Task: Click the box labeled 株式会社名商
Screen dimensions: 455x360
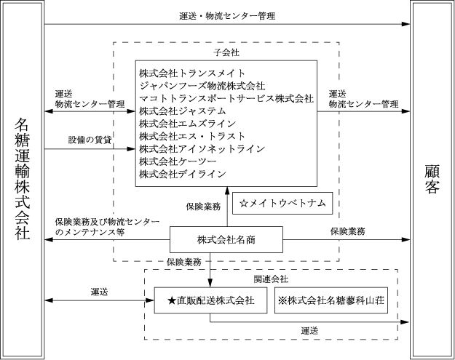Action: click(x=226, y=240)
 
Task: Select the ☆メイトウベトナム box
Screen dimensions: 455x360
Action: click(x=282, y=203)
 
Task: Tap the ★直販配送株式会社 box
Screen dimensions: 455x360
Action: click(x=210, y=300)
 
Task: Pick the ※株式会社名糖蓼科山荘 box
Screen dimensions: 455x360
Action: click(x=331, y=300)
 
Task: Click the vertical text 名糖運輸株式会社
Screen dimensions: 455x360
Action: click(x=23, y=179)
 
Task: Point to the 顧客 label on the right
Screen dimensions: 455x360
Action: click(x=432, y=179)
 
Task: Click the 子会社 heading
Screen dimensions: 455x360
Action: click(x=226, y=52)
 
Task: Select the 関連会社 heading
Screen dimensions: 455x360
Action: click(x=271, y=279)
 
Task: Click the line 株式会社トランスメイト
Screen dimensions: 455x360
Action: click(x=192, y=73)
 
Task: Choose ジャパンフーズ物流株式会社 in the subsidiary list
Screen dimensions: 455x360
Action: click(x=202, y=86)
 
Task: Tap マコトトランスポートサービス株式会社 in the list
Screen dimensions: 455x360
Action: click(x=226, y=99)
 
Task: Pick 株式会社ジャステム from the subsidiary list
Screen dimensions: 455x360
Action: click(x=183, y=111)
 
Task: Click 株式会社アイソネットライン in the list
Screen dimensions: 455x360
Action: click(x=202, y=148)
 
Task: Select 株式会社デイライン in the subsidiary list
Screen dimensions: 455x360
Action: click(x=183, y=174)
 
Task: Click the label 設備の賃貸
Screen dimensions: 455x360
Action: click(x=90, y=140)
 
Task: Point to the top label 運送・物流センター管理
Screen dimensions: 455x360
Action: click(x=227, y=16)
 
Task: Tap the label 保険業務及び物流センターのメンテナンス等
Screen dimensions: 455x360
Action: click(x=107, y=227)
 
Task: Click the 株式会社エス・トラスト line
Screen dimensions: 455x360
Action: click(x=192, y=136)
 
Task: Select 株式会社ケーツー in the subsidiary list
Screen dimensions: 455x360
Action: click(x=178, y=161)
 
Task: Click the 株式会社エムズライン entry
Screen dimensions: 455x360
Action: click(x=187, y=124)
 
